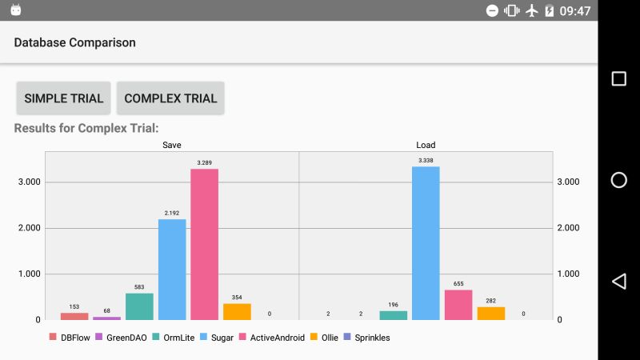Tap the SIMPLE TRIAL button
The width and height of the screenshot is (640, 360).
coord(63,98)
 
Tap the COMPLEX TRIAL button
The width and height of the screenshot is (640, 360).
coord(170,98)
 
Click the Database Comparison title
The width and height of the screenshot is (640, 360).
coord(74,42)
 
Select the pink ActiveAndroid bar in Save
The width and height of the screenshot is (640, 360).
coord(204,244)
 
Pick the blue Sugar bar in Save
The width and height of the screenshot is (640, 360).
coord(172,269)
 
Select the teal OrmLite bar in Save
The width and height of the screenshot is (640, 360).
coord(139,306)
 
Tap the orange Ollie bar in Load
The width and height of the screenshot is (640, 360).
coord(491,313)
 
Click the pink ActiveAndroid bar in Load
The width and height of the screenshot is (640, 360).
coord(458,305)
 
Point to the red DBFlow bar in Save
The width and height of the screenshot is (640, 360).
coord(74,316)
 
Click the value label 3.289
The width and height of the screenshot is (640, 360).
coord(204,163)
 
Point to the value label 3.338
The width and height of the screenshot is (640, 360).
coord(426,161)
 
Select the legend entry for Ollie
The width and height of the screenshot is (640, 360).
coord(323,338)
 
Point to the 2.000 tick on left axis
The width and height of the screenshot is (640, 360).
coord(30,228)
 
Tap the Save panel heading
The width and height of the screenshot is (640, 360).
coord(171,145)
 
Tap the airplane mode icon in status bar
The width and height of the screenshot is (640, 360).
coord(531,10)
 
